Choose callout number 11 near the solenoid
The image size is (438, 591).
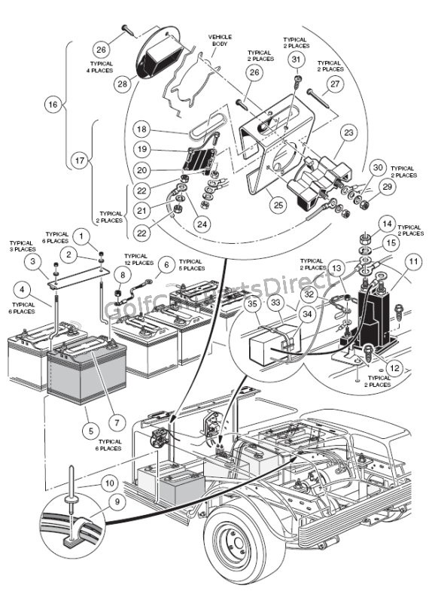tap(412, 263)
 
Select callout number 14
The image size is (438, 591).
tap(387, 223)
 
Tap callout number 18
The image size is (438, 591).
tap(143, 129)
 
